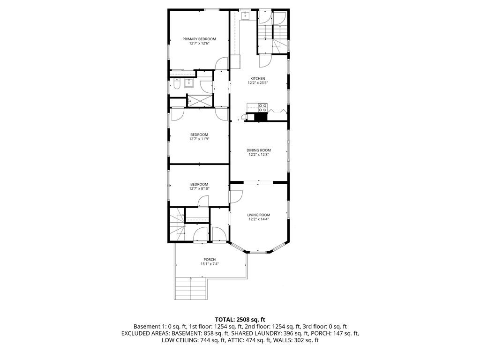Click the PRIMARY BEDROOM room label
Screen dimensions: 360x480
pos(199,39)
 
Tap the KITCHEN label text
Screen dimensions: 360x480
pos(257,78)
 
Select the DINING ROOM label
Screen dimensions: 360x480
pos(259,150)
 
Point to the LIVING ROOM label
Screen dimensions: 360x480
pos(259,215)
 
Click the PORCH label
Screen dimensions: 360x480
pos(210,260)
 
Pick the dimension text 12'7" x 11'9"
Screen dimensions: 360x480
pos(199,139)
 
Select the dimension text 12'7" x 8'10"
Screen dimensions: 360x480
pos(199,188)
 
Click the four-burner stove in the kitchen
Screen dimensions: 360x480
pos(262,107)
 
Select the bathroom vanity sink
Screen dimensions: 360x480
pos(190,83)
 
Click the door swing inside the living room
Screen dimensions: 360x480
pos(236,197)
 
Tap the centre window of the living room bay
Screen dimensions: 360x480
pos(258,252)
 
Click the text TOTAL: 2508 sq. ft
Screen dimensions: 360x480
pos(240,320)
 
